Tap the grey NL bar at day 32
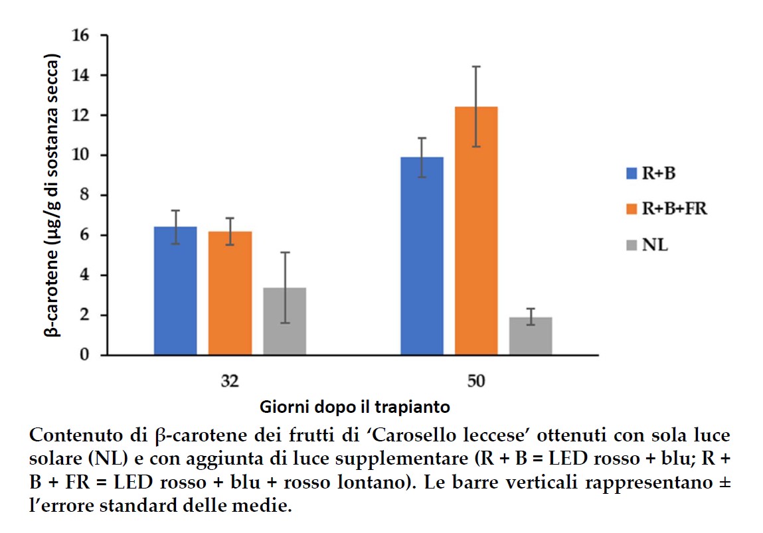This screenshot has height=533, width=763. point(284,321)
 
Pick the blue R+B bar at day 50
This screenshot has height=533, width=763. point(422,256)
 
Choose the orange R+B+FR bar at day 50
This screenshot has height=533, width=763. point(476,230)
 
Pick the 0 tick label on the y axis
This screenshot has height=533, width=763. point(84,355)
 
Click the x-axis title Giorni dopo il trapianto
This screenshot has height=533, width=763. point(355,406)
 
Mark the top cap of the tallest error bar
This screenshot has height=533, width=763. point(476,66)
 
